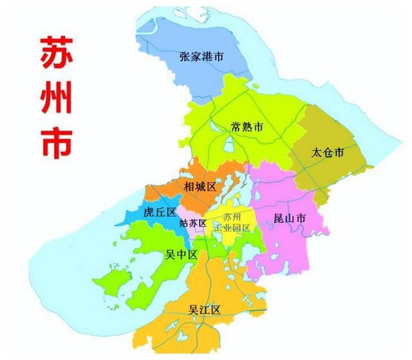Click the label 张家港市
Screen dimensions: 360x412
point(201,57)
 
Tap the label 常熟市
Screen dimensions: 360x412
point(247,127)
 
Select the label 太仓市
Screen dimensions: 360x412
point(327,152)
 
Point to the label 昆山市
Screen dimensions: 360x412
point(290,219)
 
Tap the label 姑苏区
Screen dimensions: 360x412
point(193,223)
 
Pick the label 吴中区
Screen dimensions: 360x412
point(181,255)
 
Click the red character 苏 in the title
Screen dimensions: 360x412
point(56,53)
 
